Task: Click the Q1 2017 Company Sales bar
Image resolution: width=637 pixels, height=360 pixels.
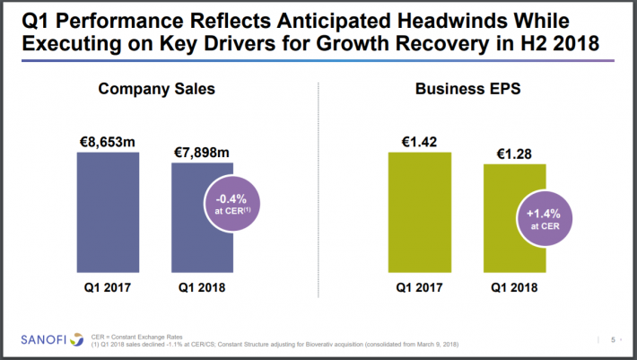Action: pos(108,211)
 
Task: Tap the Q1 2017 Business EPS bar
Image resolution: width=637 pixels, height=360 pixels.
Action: pos(419,211)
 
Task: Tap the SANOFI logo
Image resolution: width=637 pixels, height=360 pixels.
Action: pos(46,339)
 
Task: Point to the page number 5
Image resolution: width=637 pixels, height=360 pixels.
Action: pos(613,339)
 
